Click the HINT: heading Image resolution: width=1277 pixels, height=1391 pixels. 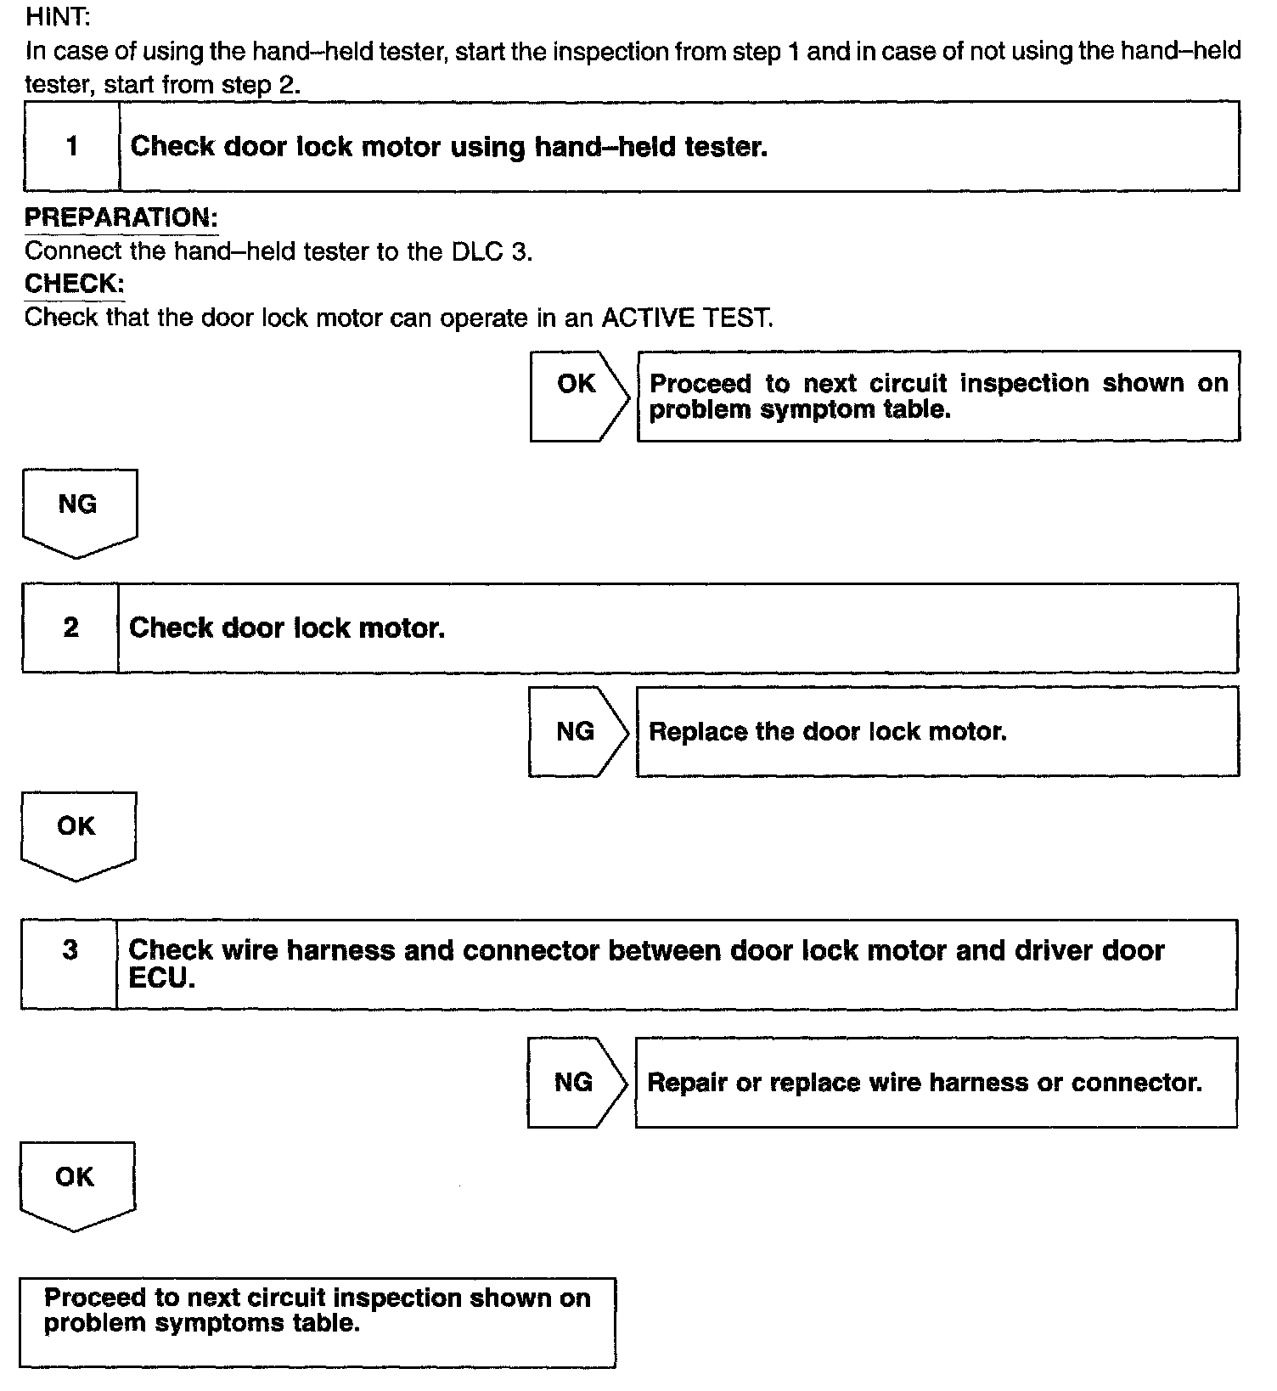point(58,17)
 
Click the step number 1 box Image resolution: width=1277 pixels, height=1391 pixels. point(72,146)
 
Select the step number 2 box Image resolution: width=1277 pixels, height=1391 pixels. point(70,628)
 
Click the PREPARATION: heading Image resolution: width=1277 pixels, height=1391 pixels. point(121,217)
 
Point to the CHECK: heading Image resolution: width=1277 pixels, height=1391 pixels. point(74,284)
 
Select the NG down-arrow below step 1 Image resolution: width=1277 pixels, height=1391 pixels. point(78,510)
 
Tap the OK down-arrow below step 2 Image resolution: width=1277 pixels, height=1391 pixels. point(77,833)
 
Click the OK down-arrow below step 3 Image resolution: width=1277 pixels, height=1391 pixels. point(76,1183)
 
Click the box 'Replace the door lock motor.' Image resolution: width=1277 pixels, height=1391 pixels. point(937,731)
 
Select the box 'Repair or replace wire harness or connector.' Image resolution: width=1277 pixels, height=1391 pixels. point(936,1082)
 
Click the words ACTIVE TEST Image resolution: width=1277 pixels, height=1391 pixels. point(687,318)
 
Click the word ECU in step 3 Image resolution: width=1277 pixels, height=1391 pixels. point(162,978)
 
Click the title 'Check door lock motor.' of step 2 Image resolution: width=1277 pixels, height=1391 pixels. point(287,628)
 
